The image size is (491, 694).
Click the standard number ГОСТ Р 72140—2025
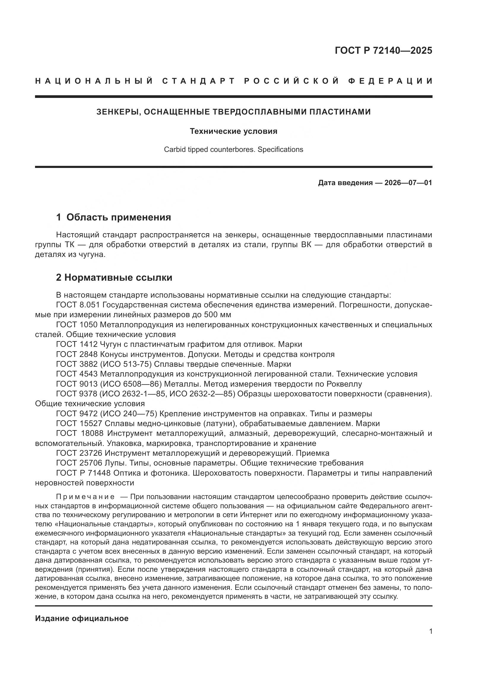click(383, 50)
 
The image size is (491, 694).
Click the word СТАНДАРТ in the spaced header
click(199, 81)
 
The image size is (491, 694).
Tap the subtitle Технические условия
click(233, 131)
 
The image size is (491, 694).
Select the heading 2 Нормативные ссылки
click(114, 277)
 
